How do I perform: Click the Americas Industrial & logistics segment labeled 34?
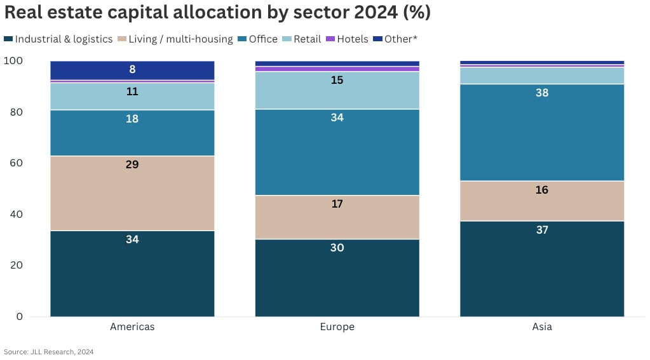132,273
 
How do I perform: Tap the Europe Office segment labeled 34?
337,152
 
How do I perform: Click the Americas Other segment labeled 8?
132,70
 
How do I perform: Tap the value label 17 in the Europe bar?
337,204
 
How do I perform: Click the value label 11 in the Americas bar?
132,91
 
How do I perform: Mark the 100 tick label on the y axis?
13,61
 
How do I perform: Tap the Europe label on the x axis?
337,327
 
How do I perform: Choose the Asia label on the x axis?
542,327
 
